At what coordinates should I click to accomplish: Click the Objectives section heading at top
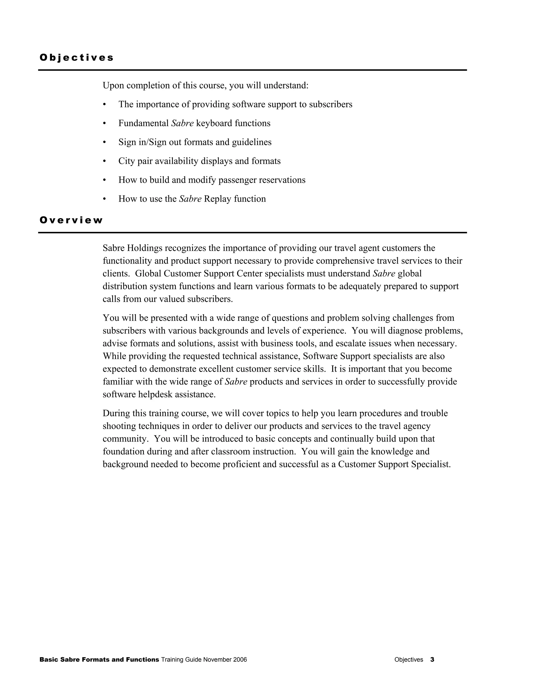click(x=76, y=58)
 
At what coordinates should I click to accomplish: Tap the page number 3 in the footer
click(x=432, y=659)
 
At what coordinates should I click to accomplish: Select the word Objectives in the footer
click(x=409, y=660)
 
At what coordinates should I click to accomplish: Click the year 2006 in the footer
click(x=240, y=660)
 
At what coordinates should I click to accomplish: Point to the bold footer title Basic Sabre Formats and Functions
click(x=99, y=659)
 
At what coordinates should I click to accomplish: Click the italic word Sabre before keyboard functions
click(x=182, y=123)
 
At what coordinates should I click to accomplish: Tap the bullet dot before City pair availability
click(x=104, y=161)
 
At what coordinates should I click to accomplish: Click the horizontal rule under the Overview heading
click(x=252, y=233)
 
